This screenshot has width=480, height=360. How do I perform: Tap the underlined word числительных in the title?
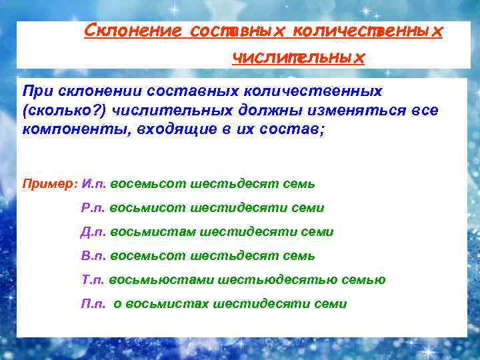298,58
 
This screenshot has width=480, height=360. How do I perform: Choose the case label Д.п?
93,232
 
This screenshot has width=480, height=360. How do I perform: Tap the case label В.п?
93,256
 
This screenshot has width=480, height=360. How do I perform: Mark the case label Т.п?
93,280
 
